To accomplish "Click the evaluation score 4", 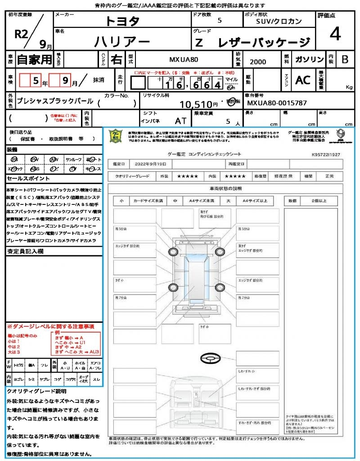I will coord(334,34).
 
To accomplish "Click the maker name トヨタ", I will coord(122,21).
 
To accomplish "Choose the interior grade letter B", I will coord(344,59).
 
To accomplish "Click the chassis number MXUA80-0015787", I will coord(277,103).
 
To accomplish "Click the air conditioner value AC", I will coord(302,80).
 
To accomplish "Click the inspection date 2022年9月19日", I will coord(151,163).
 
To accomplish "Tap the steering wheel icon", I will coord(210,359).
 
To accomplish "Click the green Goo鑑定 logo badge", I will coord(116,136).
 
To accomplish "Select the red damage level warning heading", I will coord(50,326).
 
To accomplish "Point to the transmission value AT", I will coord(180,121).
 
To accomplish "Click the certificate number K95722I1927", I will coord(326,154).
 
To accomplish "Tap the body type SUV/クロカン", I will coord(279,21).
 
